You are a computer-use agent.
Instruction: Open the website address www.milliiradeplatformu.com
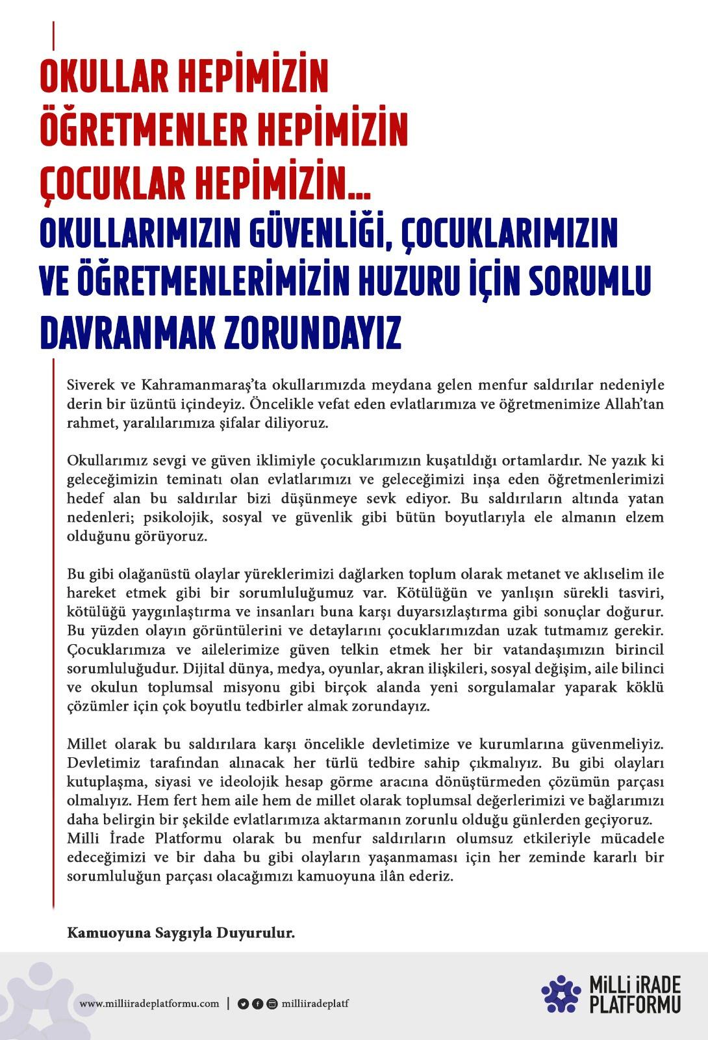pyautogui.click(x=149, y=1004)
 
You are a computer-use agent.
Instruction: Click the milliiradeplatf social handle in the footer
pyautogui.click(x=316, y=1004)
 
